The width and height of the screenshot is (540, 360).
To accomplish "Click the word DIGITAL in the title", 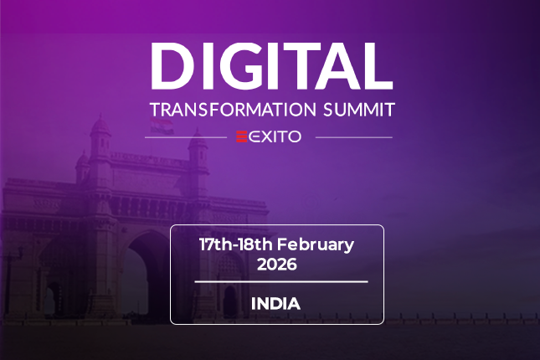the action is pos(272,66).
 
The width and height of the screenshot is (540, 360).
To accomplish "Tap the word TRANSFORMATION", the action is pos(233,110).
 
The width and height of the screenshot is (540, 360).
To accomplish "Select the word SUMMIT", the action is pos(359,110).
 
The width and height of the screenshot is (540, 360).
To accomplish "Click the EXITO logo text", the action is pos(275,136).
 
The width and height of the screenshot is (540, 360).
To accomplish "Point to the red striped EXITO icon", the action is pos(242,136).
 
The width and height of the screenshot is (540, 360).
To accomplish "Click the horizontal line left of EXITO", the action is pos(186,137).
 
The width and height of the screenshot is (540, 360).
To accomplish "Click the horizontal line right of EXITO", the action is pos(353,137).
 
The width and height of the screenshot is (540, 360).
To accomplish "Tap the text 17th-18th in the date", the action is pos(236,244).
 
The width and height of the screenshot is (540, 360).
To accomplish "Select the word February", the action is pos(316,245).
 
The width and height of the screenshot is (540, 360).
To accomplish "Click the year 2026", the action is pos(277,265).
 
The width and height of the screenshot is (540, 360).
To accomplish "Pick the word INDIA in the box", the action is pos(275,304).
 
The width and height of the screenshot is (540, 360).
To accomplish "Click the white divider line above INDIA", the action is pos(281,282).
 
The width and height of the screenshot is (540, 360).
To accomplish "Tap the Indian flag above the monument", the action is pos(162,126).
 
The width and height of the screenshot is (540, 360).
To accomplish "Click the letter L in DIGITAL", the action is pos(378,66).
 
